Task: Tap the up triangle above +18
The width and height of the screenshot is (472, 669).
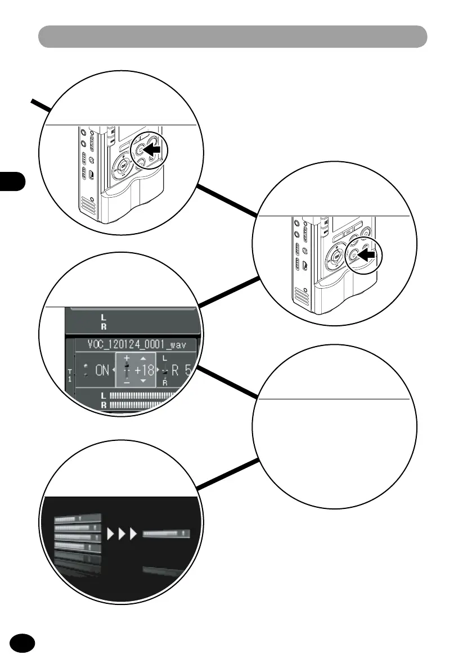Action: point(143,358)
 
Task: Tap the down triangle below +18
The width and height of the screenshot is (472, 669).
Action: point(143,381)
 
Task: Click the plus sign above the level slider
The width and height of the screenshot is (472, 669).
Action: point(127,358)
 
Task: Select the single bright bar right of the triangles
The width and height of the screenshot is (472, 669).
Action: point(167,533)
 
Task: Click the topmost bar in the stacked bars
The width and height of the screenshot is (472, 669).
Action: point(77,517)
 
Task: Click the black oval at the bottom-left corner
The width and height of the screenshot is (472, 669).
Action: point(23,643)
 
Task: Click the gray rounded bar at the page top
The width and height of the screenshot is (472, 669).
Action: point(232,37)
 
